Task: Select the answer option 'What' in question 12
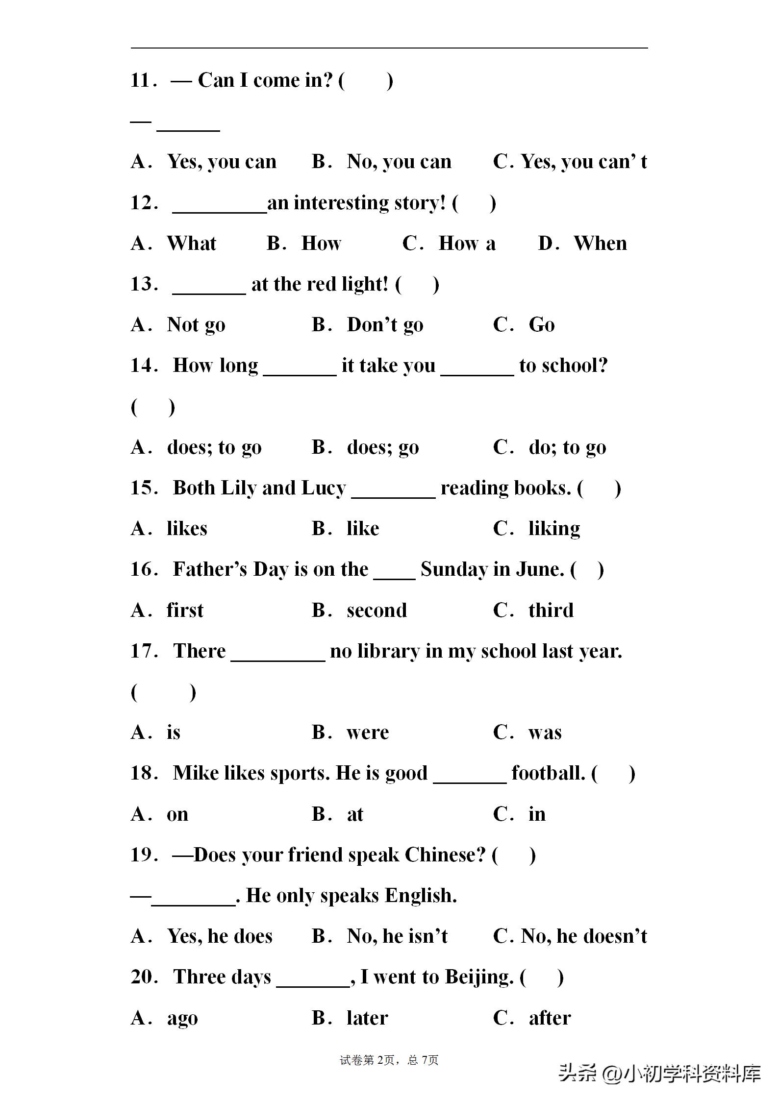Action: tap(191, 244)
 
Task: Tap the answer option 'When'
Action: tap(600, 244)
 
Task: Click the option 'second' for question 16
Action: tap(376, 611)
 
